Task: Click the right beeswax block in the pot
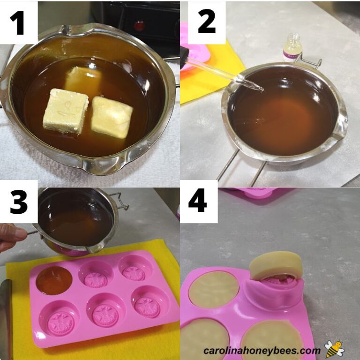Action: click(112, 117)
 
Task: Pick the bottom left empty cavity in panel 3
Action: click(59, 319)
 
